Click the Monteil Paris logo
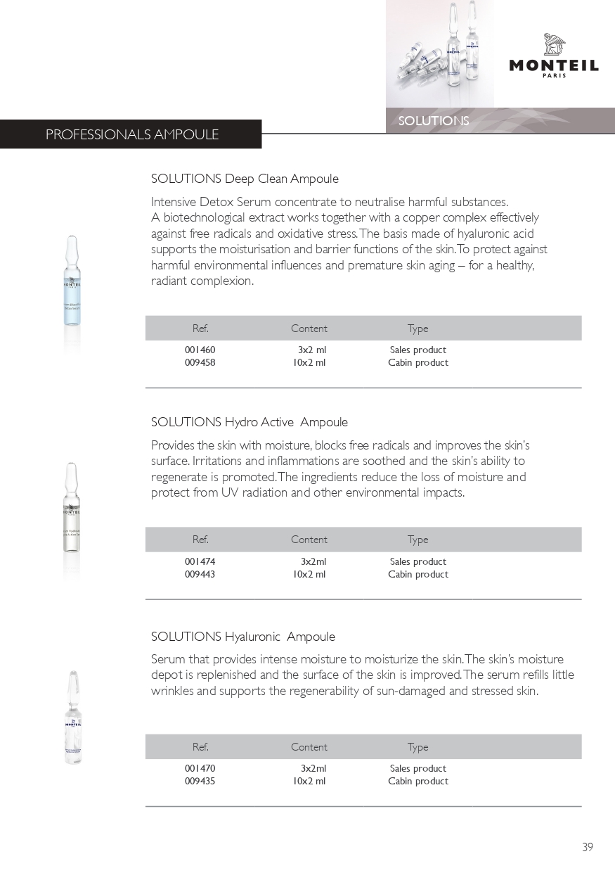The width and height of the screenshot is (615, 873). tap(554, 56)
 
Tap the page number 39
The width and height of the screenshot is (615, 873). tap(588, 847)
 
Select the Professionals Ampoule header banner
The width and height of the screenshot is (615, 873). tap(131, 134)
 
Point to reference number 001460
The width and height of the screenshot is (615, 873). tap(200, 350)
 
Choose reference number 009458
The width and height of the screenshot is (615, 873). tap(200, 362)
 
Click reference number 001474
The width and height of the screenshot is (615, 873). tap(200, 561)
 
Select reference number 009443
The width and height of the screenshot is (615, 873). tap(200, 574)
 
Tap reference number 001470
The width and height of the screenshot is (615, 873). tap(200, 768)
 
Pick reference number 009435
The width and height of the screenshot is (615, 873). tap(200, 781)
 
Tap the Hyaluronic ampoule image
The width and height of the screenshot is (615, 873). tap(72, 718)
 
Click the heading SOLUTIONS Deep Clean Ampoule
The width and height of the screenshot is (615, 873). tap(245, 179)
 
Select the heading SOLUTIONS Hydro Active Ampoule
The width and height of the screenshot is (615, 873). tap(250, 422)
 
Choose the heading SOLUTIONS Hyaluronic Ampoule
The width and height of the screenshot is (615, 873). tap(243, 637)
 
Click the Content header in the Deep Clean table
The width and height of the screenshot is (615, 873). tap(309, 329)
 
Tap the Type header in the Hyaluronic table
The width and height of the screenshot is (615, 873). tap(417, 747)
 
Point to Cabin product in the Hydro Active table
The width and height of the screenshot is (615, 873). tap(418, 574)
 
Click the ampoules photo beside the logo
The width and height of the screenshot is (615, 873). tap(439, 53)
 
